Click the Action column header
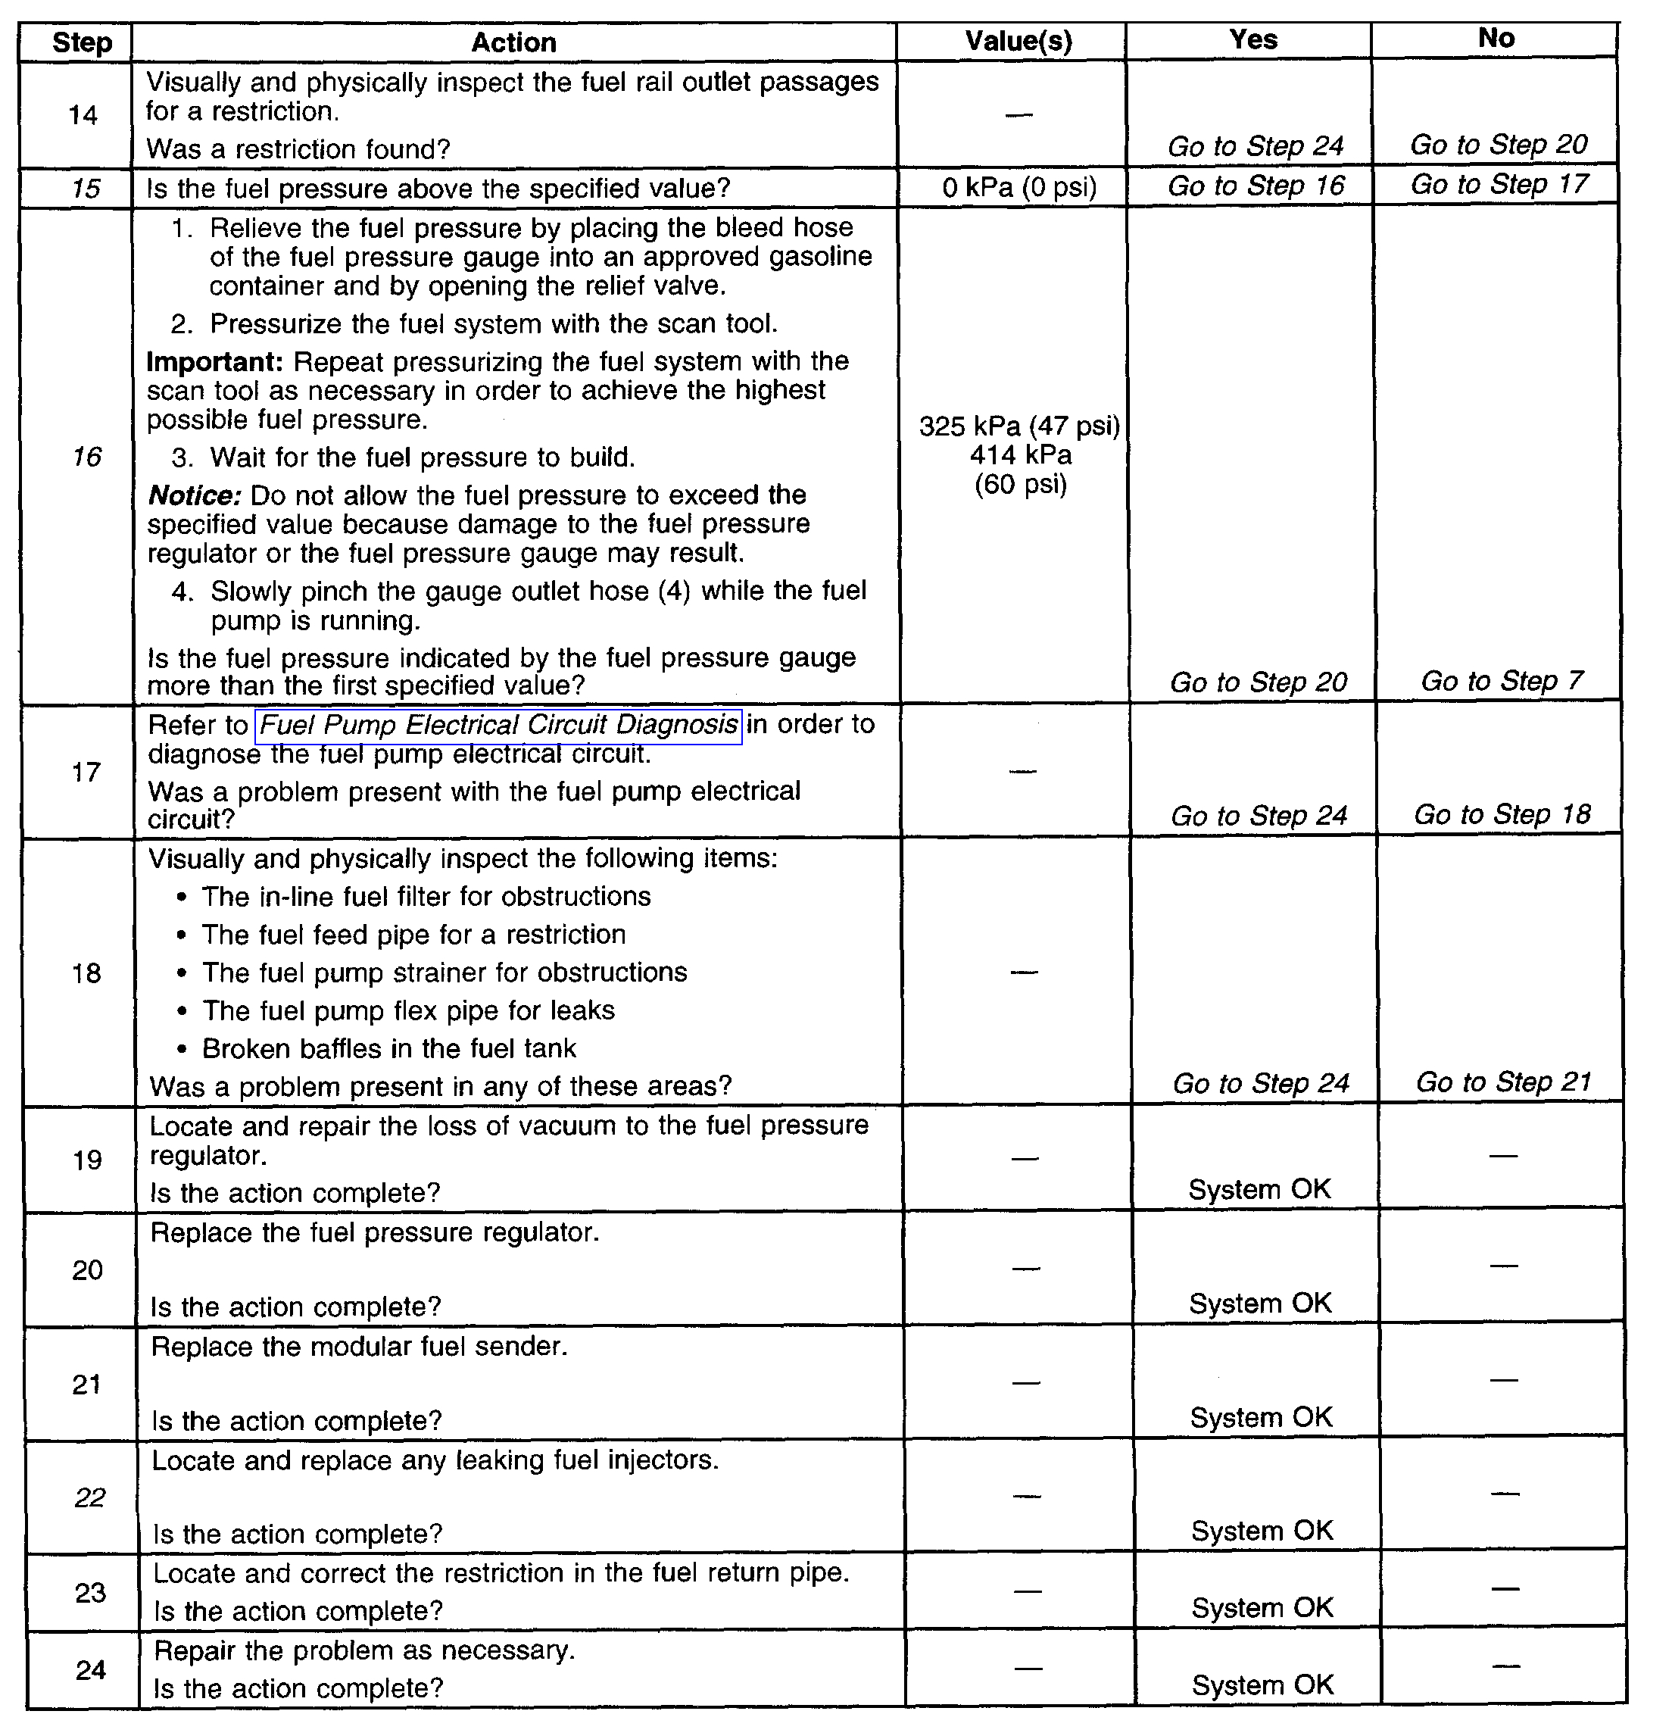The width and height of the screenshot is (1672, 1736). point(513,42)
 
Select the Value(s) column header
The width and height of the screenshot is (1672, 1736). point(1018,42)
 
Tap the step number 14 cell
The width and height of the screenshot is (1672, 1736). point(83,115)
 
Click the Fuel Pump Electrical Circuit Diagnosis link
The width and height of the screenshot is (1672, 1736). point(498,726)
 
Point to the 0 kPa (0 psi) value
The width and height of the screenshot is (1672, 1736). point(1019,188)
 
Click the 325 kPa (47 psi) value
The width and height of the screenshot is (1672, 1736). point(1019,426)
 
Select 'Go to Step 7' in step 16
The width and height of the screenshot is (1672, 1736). point(1501,681)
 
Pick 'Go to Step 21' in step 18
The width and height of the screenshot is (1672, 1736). point(1503,1082)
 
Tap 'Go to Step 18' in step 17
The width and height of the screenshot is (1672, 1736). point(1502,815)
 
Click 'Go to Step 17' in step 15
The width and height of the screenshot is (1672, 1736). point(1499,185)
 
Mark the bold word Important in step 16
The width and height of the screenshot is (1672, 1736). point(214,362)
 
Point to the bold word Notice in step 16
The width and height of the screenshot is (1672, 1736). point(195,495)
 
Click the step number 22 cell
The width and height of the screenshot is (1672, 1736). point(89,1497)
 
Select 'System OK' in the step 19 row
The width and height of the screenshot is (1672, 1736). point(1259,1189)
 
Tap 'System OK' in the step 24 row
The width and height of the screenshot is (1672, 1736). point(1263,1684)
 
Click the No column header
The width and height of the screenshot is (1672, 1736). point(1496,39)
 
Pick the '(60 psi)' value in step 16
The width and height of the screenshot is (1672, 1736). point(1020,485)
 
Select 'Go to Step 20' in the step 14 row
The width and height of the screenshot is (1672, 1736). point(1499,145)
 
